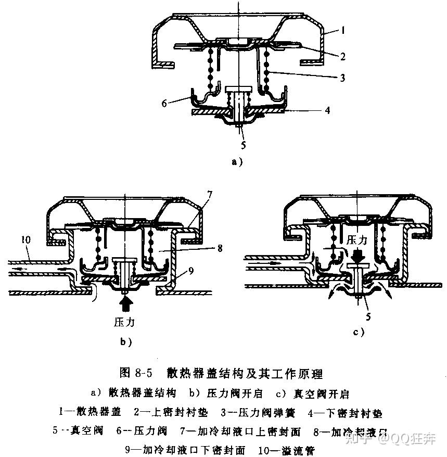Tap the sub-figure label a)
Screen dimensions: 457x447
point(237,162)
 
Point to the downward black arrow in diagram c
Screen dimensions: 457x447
point(358,256)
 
